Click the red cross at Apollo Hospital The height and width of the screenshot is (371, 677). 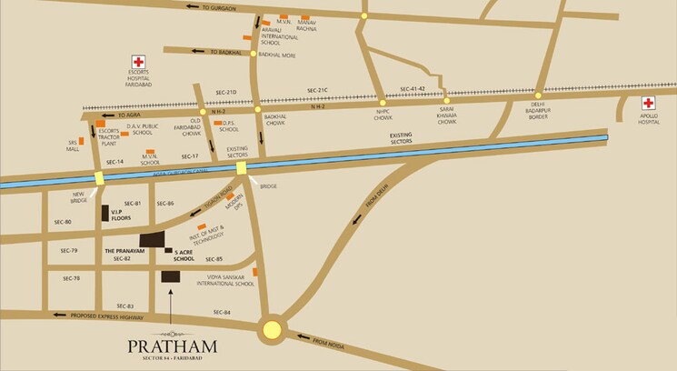click(649, 104)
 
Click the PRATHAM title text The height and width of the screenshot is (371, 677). click(171, 346)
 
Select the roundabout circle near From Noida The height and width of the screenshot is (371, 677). click(272, 329)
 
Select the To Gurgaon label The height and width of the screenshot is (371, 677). click(219, 7)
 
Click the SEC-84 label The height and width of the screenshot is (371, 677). click(223, 312)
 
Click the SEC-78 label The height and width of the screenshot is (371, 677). click(70, 278)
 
